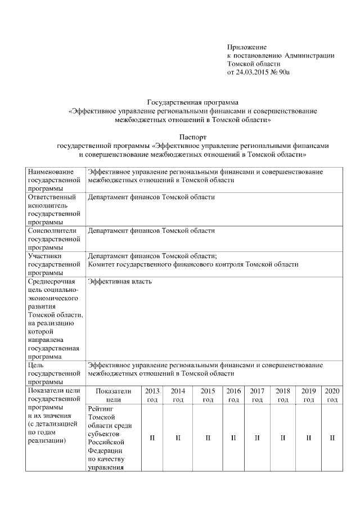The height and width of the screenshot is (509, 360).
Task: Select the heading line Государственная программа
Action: (192, 102)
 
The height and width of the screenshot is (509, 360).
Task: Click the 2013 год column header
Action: (152, 395)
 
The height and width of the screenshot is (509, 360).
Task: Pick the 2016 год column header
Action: (233, 395)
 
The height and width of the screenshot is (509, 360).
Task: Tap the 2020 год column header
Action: (332, 395)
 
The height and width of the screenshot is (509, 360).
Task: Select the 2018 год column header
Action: (283, 395)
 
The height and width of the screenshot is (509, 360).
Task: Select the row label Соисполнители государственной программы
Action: (53, 238)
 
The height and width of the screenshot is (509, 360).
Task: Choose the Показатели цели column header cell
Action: (113, 395)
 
